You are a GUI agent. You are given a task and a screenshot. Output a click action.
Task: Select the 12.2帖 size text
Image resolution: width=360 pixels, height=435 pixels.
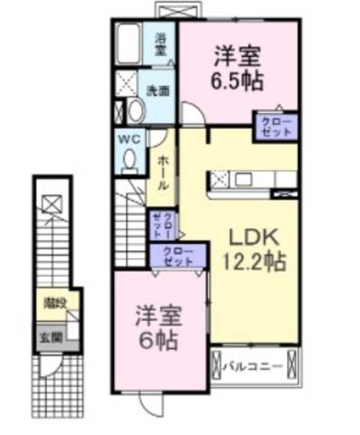253,262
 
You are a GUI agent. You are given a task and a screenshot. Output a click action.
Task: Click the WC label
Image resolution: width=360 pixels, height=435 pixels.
131,139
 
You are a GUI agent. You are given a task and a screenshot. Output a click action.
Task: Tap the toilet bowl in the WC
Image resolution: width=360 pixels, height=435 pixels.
129,160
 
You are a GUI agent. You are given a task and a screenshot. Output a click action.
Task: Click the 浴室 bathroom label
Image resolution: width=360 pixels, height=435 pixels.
160,44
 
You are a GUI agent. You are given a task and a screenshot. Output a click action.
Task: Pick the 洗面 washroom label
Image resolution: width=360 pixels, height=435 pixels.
158,91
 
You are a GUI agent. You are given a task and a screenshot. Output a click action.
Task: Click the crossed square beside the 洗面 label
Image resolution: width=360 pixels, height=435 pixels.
127,83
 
